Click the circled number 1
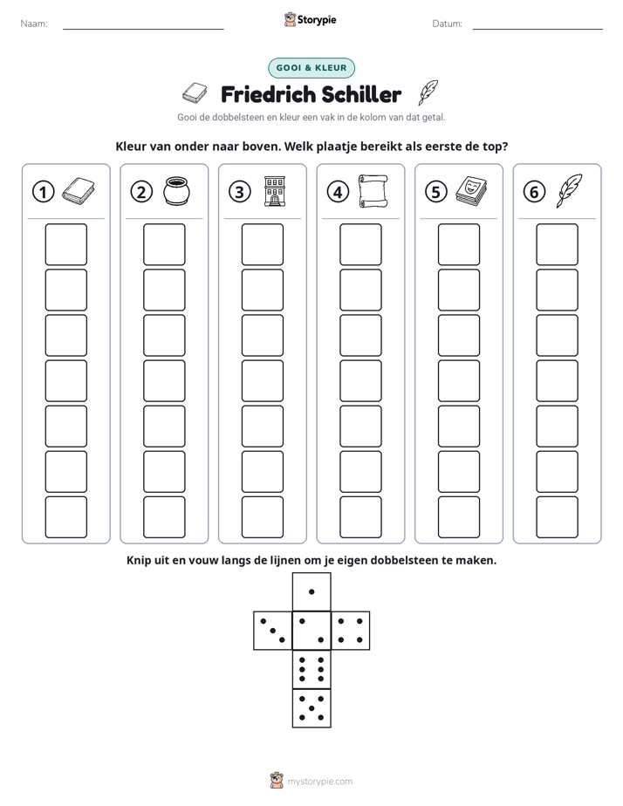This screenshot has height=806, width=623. click(x=43, y=192)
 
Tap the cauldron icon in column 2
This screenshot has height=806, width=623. click(x=176, y=191)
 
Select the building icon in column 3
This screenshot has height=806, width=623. click(x=275, y=191)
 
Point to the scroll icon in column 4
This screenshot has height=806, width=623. click(x=373, y=191)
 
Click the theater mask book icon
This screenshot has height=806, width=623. click(x=471, y=191)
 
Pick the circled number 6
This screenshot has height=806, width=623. click(x=534, y=192)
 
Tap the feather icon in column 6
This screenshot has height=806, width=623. click(x=569, y=191)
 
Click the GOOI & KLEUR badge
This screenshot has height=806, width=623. click(x=311, y=68)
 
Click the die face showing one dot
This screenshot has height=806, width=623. click(x=311, y=592)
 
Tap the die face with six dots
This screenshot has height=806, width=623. click(x=311, y=669)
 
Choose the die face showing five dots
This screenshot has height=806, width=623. click(x=311, y=707)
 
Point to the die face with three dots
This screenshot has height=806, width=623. click(x=273, y=631)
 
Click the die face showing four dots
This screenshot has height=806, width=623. click(x=351, y=631)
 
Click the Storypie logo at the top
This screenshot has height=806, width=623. click(x=311, y=20)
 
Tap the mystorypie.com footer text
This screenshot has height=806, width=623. click(x=319, y=782)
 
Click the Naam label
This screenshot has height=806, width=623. click(x=34, y=24)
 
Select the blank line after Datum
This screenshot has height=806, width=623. click(x=537, y=29)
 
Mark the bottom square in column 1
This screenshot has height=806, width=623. click(x=66, y=517)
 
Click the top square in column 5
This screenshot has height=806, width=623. click(x=459, y=244)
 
